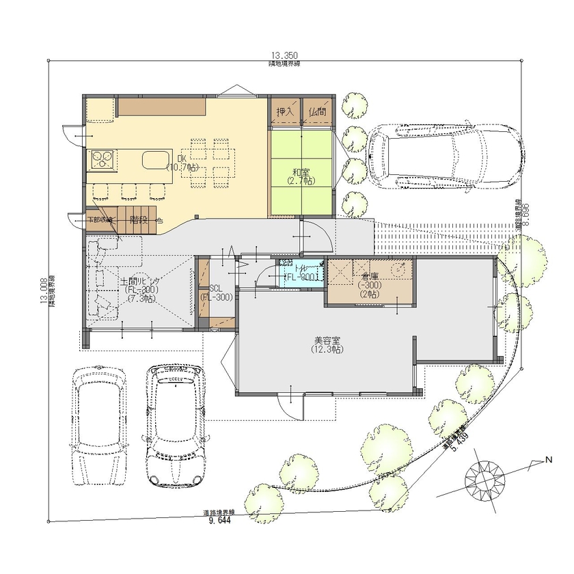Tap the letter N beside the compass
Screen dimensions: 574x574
(547, 460)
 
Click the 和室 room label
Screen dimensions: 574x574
(301, 172)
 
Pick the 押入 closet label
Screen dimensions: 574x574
(284, 111)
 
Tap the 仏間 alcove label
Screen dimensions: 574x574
(317, 111)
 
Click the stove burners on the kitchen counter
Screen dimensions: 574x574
(102, 160)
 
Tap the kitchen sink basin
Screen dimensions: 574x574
(156, 161)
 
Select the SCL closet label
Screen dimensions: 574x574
(215, 292)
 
